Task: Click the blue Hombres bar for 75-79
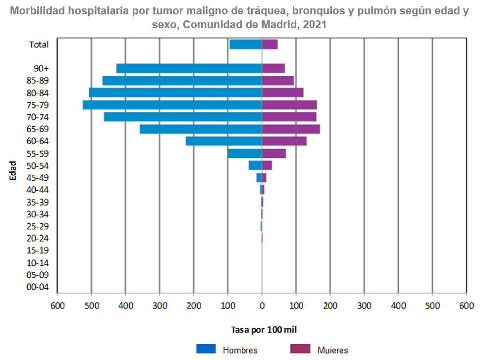(x=172, y=105)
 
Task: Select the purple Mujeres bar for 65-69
(x=291, y=129)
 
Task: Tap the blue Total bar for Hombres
(x=246, y=45)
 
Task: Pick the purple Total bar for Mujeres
(x=269, y=45)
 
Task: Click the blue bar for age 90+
(x=189, y=68)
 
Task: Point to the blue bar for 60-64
(x=223, y=141)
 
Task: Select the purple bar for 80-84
(x=282, y=93)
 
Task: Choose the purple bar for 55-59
(x=274, y=154)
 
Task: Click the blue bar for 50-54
(x=255, y=165)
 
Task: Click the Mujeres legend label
(x=332, y=350)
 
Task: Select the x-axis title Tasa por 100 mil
(x=264, y=329)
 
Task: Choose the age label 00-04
(x=38, y=287)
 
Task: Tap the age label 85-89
(x=38, y=81)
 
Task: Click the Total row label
(x=39, y=45)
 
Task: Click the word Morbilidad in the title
(x=35, y=11)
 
